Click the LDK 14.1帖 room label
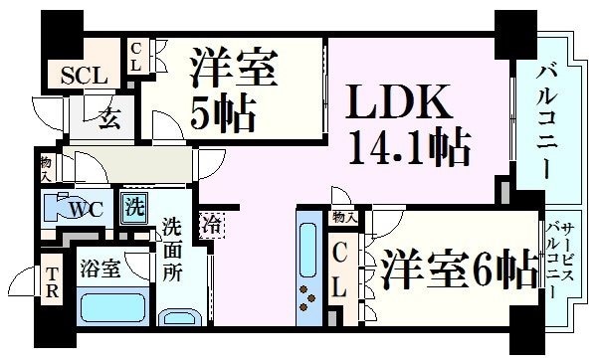[x=409, y=124]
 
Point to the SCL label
[x=80, y=76]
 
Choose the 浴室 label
[x=99, y=269]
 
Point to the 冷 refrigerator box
[x=211, y=225]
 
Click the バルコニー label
[x=545, y=119]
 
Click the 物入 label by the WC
[x=45, y=167]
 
